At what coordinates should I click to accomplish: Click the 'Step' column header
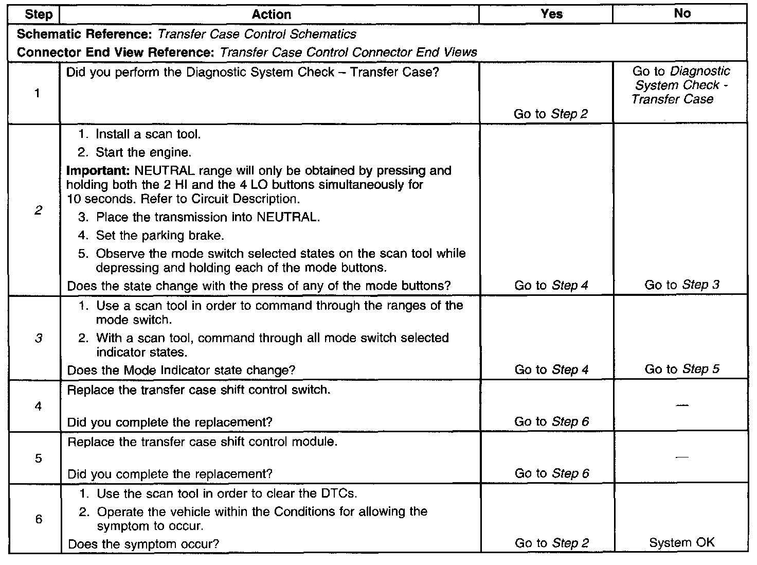pyautogui.click(x=38, y=14)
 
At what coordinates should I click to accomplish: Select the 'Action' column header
pyautogui.click(x=272, y=14)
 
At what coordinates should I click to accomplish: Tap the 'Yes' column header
pyautogui.click(x=551, y=14)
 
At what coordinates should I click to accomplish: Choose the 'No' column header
pyautogui.click(x=682, y=14)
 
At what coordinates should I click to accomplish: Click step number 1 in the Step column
pyautogui.click(x=38, y=94)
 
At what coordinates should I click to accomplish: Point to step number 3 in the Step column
pyautogui.click(x=39, y=338)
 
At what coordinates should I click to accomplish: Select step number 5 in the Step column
pyautogui.click(x=39, y=458)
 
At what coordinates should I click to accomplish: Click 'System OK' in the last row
pyautogui.click(x=682, y=543)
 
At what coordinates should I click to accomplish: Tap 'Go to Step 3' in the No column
pyautogui.click(x=682, y=285)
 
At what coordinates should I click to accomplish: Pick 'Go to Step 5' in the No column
pyautogui.click(x=682, y=369)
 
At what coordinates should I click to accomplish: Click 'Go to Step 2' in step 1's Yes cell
pyautogui.click(x=551, y=114)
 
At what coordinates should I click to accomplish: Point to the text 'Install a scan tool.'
pyautogui.click(x=148, y=135)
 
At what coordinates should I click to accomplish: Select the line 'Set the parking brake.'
pyautogui.click(x=160, y=236)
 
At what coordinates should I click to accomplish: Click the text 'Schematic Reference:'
pyautogui.click(x=85, y=34)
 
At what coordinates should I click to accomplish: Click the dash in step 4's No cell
pyautogui.click(x=682, y=406)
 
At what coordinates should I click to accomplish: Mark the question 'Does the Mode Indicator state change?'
pyautogui.click(x=182, y=370)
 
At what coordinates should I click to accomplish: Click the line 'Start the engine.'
pyautogui.click(x=143, y=153)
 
